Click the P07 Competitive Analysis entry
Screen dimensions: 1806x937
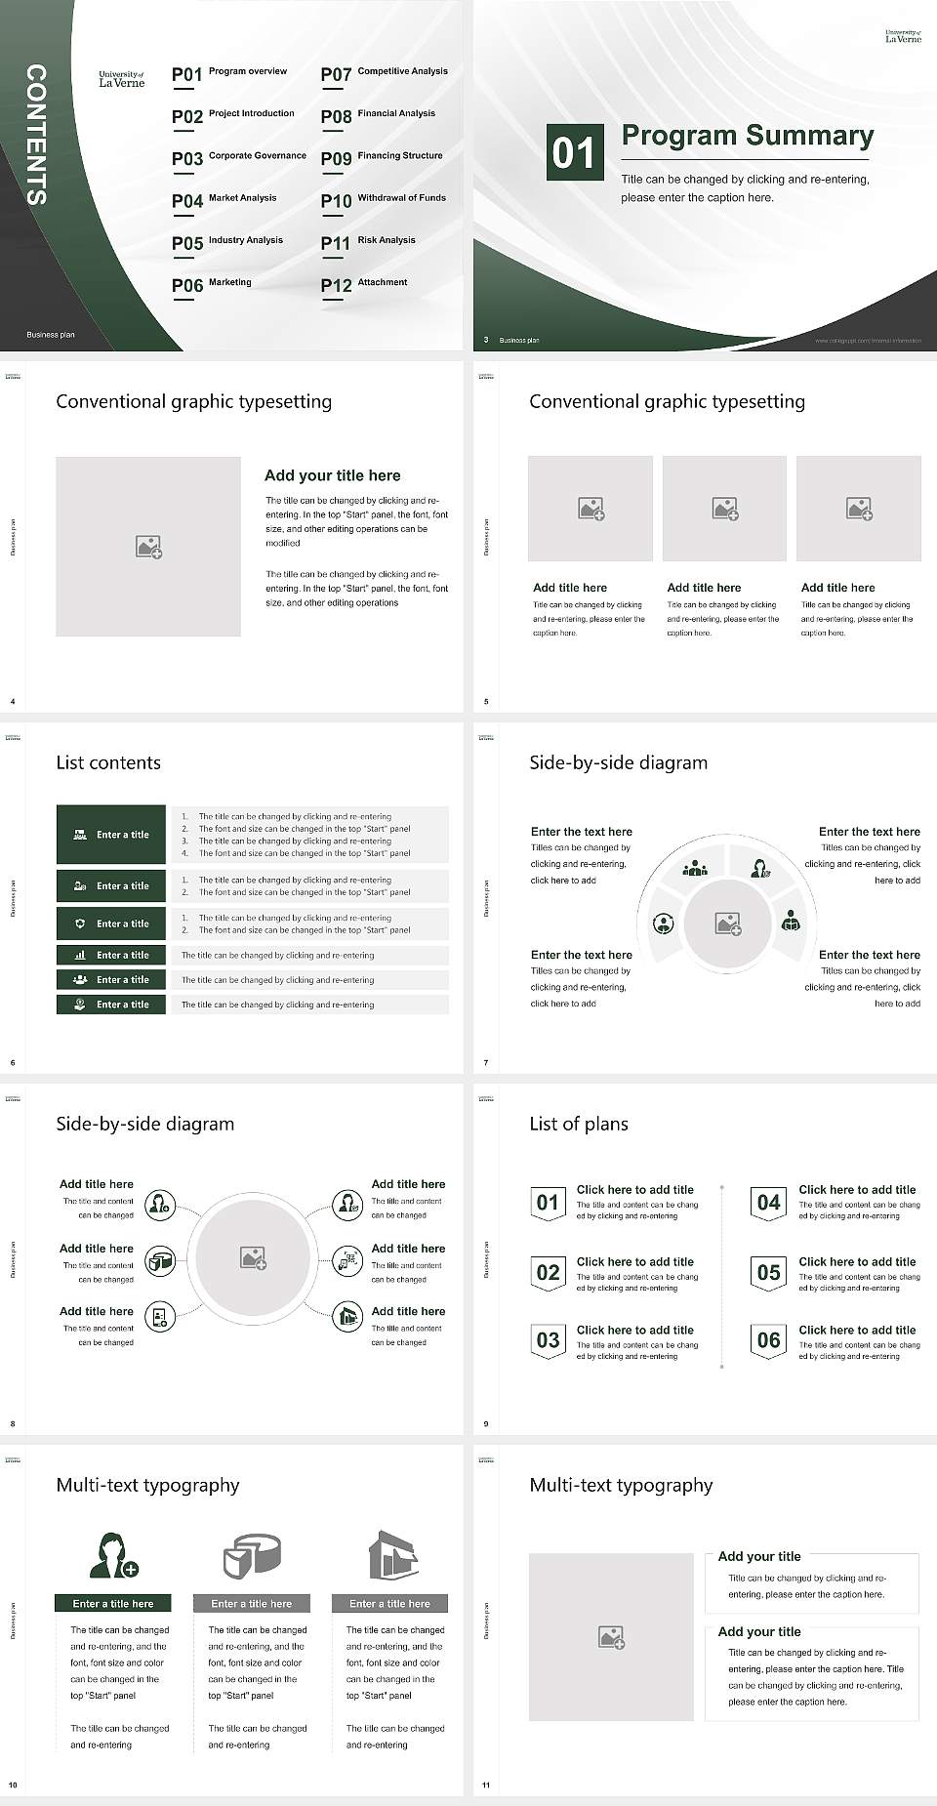click(x=384, y=73)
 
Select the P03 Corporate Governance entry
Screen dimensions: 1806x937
click(x=239, y=157)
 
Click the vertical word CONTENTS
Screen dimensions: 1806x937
click(x=36, y=135)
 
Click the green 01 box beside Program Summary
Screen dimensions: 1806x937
click(x=573, y=152)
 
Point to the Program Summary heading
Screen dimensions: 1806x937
click(x=747, y=136)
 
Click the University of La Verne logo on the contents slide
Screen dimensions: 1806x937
click(x=121, y=79)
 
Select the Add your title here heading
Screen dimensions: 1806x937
click(x=332, y=475)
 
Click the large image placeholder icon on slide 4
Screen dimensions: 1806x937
click(x=148, y=547)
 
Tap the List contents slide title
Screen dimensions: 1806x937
click(x=108, y=762)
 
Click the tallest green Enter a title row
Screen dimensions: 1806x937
click(x=111, y=835)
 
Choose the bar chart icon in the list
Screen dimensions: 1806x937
click(x=80, y=955)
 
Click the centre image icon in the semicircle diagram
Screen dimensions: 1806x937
click(x=727, y=924)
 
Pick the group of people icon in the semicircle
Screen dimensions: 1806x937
click(x=695, y=867)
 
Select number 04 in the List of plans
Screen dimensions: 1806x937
click(x=768, y=1203)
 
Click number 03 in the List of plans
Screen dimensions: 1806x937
click(x=548, y=1340)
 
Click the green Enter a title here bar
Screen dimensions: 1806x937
click(x=112, y=1603)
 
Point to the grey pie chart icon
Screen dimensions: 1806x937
click(x=252, y=1555)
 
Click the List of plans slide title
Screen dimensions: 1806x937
click(x=579, y=1124)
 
